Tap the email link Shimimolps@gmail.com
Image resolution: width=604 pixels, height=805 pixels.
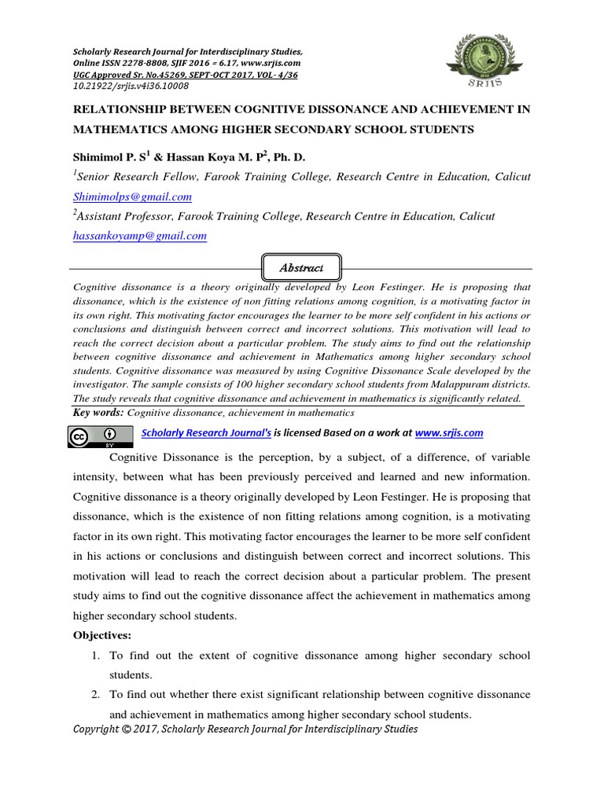(132, 197)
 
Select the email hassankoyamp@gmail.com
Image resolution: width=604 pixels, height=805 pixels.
(139, 235)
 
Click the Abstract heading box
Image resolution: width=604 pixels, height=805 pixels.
(301, 268)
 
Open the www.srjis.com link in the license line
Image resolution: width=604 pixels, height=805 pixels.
(449, 433)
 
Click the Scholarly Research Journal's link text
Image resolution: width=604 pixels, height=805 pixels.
(205, 433)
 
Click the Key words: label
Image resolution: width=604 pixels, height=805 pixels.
(98, 413)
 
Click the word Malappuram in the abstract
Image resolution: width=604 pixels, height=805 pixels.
(457, 384)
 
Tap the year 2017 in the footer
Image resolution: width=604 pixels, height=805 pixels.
(149, 730)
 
